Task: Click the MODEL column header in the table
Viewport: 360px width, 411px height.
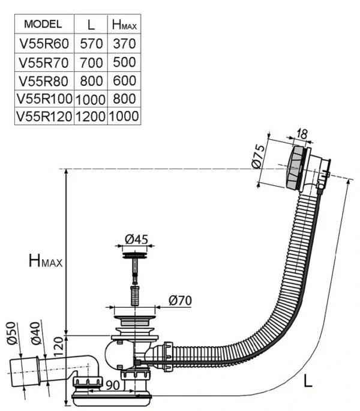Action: point(44,25)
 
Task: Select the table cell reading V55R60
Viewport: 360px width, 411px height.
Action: point(44,44)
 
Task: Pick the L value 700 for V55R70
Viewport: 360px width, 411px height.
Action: point(90,62)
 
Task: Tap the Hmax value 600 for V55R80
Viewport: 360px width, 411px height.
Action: point(124,80)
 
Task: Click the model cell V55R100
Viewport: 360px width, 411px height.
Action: point(44,98)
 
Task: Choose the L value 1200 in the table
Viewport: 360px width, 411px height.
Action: point(90,116)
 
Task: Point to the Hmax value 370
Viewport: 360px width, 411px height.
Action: point(124,44)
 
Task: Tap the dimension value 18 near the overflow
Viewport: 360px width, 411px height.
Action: point(302,134)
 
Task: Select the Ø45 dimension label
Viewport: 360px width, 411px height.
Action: point(136,240)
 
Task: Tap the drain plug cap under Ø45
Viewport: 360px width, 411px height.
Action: point(136,257)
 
